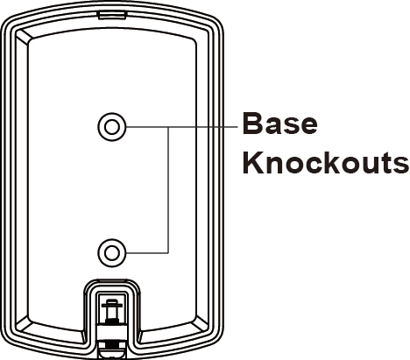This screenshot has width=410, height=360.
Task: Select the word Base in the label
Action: tap(279, 124)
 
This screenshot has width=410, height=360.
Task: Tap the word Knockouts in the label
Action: tap(326, 162)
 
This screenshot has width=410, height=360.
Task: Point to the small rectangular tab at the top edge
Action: tap(112, 15)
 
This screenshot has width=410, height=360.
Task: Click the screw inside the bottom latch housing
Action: tap(112, 311)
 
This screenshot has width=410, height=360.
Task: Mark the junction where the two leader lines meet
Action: tap(168, 127)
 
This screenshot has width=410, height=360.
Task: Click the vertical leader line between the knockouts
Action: tap(168, 190)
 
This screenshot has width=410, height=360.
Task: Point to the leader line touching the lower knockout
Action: tap(147, 253)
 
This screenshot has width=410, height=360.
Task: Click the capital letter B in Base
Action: tap(252, 124)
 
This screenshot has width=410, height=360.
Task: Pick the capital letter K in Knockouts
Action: tap(253, 162)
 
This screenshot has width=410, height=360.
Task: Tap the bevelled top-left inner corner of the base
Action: tap(24, 37)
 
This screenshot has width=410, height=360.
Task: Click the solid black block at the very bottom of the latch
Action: tap(112, 345)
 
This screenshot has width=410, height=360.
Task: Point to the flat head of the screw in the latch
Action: tap(112, 305)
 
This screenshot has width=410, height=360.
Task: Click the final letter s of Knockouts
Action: tap(401, 166)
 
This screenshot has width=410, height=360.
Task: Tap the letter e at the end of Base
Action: tap(308, 126)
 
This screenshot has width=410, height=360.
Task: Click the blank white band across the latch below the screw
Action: tap(112, 332)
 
